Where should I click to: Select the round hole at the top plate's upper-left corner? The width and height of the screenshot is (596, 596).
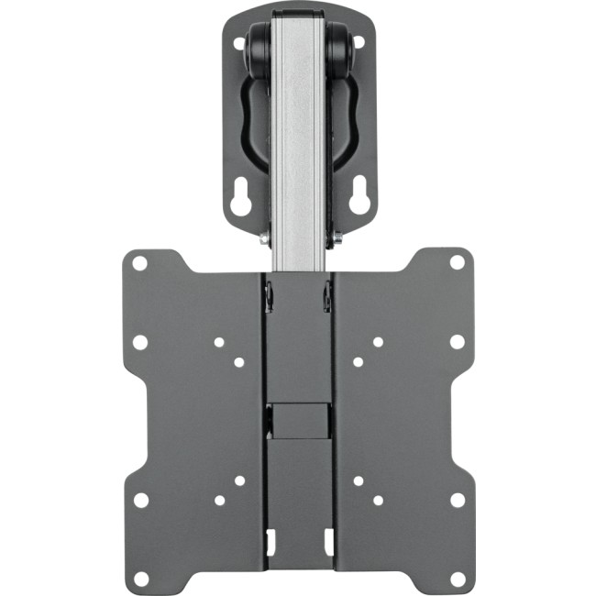pyautogui.click(x=239, y=42)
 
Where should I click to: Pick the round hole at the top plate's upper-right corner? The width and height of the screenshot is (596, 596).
pyautogui.click(x=359, y=42)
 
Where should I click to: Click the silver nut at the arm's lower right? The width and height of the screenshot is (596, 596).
pyautogui.click(x=337, y=237)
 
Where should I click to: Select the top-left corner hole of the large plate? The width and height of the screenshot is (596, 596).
pyautogui.click(x=139, y=263)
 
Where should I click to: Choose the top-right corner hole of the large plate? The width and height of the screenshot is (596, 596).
pyautogui.click(x=457, y=263)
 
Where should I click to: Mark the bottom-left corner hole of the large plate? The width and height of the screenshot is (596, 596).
pyautogui.click(x=140, y=579)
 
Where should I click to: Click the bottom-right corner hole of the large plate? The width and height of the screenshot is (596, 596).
pyautogui.click(x=457, y=579)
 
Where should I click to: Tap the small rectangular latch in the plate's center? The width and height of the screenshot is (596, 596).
pyautogui.click(x=299, y=418)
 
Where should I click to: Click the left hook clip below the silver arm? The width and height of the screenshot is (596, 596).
pyautogui.click(x=270, y=295)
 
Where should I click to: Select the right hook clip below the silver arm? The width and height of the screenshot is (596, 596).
pyautogui.click(x=327, y=295)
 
